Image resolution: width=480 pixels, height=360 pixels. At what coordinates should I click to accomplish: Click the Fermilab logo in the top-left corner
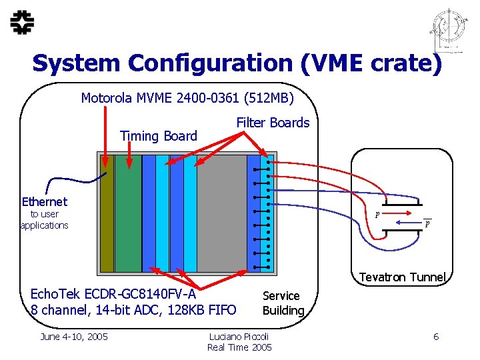tap(23, 23)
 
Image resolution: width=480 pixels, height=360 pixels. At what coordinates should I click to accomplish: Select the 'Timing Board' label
tap(159, 136)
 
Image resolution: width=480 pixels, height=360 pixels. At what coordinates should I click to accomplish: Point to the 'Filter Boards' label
tap(273, 123)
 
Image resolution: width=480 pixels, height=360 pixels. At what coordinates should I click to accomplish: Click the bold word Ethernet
tap(45, 201)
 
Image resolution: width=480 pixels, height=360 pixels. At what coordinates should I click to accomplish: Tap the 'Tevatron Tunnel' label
tap(402, 277)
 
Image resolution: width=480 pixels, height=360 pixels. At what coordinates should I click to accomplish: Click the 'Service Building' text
tap(282, 303)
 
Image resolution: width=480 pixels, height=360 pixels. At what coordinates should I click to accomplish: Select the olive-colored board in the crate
tap(106, 213)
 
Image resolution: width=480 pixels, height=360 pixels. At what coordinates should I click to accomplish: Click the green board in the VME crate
tap(128, 213)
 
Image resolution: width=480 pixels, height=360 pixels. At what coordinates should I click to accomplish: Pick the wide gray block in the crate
tap(222, 213)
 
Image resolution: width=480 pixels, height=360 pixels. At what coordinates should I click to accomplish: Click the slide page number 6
tap(436, 337)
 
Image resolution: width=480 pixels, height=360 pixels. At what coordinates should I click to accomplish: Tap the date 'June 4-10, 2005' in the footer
tap(74, 337)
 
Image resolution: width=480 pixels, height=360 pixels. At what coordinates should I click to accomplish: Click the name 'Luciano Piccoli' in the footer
tap(239, 337)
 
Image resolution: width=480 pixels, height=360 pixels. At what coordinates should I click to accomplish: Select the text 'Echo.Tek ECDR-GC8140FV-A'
tap(113, 295)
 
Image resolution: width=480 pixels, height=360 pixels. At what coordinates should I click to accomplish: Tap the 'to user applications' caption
tap(44, 220)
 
